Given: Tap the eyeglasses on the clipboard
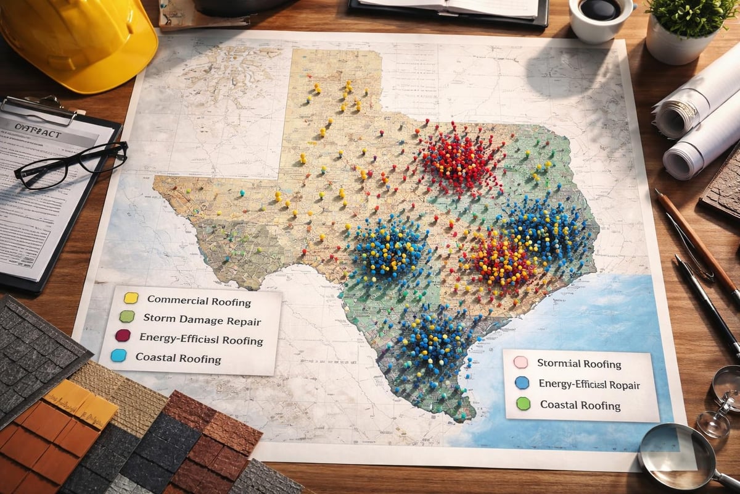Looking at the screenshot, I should click(x=71, y=164).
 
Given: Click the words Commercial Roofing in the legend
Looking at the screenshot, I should click(x=199, y=302).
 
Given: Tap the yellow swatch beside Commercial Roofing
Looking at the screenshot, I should click(x=131, y=298).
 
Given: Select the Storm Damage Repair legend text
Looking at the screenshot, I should click(x=202, y=320).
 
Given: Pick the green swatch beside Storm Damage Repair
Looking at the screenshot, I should click(x=126, y=317).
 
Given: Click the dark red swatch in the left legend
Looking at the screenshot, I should click(x=123, y=336).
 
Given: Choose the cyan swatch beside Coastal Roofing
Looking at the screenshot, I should click(x=118, y=355).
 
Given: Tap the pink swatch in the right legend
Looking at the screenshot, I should click(x=520, y=362).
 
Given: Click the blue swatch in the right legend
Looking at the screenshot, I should click(x=522, y=383).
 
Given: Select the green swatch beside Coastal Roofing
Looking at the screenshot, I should click(x=524, y=404).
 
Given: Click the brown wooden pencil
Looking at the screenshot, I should click(x=697, y=241).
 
